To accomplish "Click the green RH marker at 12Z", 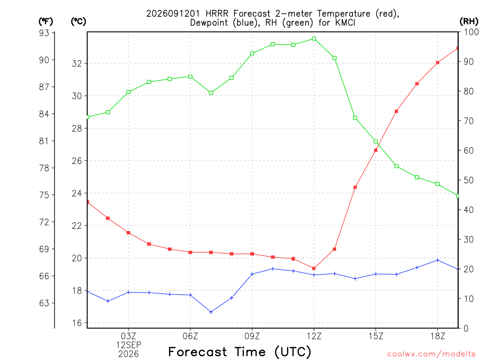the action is [x=314, y=38].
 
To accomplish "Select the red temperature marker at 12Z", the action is [x=314, y=269].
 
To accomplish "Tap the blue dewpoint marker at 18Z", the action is [x=437, y=260].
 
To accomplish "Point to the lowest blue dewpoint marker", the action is [x=210, y=312].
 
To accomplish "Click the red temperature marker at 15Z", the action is [x=375, y=150].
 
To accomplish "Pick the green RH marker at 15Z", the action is [x=375, y=142].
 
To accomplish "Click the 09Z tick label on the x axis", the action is [x=252, y=336].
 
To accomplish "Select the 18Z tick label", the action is [x=437, y=336].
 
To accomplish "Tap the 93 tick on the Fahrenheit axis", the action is [x=44, y=33].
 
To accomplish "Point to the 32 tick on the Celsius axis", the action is [x=77, y=64].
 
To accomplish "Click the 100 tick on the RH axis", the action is [x=471, y=32].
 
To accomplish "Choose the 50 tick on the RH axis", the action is [x=468, y=180].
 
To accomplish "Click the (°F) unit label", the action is [x=45, y=22].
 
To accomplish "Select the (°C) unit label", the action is [x=78, y=22].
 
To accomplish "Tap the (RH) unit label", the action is [x=469, y=22].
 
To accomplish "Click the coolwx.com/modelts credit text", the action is [x=431, y=354].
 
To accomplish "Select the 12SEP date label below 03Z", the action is [x=128, y=345].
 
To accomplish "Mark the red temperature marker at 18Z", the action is [x=437, y=63].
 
